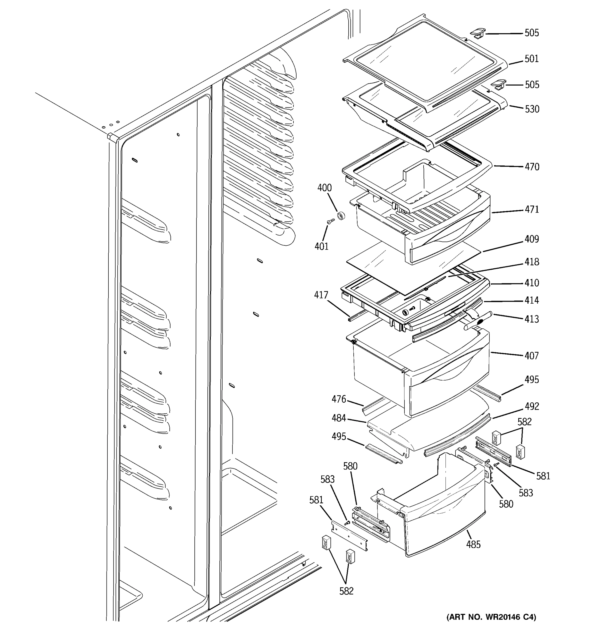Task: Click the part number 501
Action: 531,59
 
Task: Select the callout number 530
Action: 532,109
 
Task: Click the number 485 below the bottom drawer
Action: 473,545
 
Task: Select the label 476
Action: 339,399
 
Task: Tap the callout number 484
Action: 339,418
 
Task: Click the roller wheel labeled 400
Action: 341,216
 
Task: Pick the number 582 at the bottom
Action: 346,591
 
